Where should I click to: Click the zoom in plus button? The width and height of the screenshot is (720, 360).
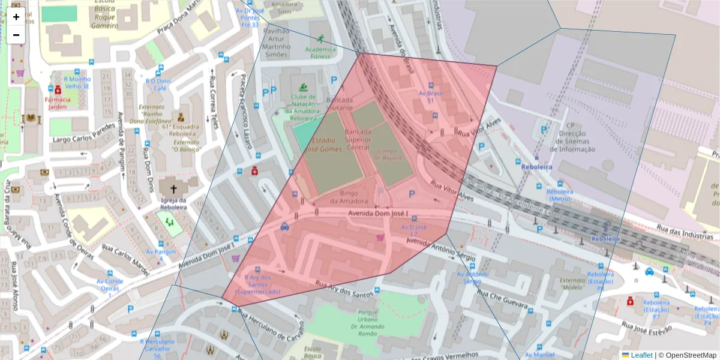pos(16,17)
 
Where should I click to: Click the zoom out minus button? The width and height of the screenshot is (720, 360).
pos(16,35)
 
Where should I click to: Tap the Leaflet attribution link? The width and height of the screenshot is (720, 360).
pos(641,355)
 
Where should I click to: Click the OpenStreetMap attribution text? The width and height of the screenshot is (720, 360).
pos(690,355)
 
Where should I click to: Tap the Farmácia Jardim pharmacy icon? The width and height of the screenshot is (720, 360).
pos(58,90)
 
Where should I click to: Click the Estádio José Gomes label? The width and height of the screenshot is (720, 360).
pos(323,145)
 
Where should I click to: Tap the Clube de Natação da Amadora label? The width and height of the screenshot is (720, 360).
pos(304,107)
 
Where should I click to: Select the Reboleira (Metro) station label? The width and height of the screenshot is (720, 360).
pos(559,196)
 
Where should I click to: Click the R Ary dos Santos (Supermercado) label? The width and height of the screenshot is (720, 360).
pos(257,284)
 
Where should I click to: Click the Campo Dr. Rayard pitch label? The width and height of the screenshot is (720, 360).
pos(390,154)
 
